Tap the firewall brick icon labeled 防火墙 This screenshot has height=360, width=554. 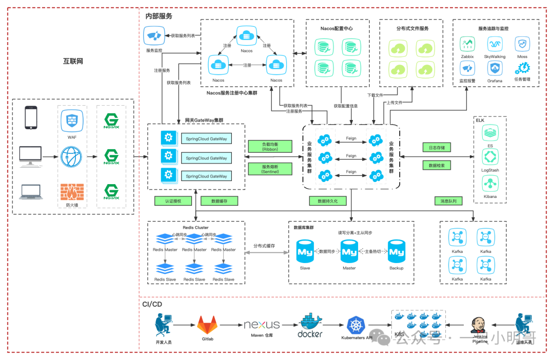pyautogui.click(x=71, y=192)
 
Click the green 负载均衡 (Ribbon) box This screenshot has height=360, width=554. pyautogui.click(x=270, y=147)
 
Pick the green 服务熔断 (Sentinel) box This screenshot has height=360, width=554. pyautogui.click(x=270, y=169)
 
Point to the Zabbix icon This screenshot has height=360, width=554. pyautogui.click(x=467, y=44)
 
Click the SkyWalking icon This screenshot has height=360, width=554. pyautogui.click(x=494, y=44)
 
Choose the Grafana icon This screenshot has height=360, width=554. pyautogui.click(x=494, y=68)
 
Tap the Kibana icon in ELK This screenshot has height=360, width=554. pyautogui.click(x=490, y=183)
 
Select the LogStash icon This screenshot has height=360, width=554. pyautogui.click(x=490, y=156)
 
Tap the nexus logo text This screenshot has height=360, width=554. pyautogui.click(x=262, y=324)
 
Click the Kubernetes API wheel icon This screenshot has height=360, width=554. pyautogui.click(x=355, y=325)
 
